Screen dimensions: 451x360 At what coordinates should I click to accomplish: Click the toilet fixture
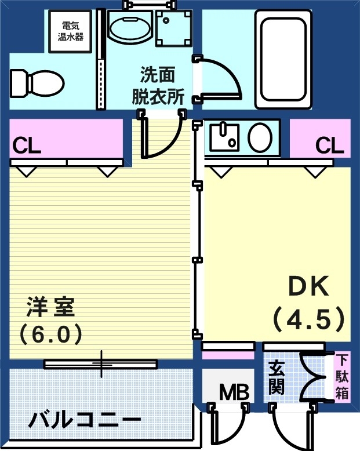click(36, 83)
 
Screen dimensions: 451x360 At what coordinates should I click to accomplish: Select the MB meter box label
click(234, 392)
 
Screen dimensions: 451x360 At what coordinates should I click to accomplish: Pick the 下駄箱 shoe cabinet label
click(342, 376)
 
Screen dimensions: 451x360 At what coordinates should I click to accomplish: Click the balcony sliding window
click(101, 364)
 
